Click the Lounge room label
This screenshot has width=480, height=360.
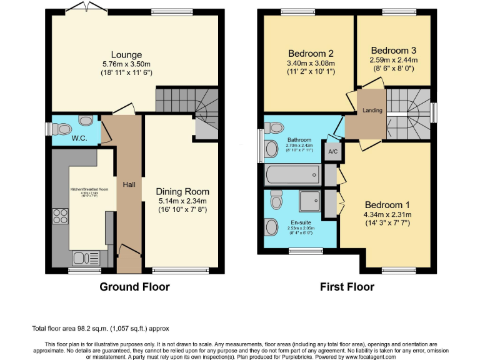127,55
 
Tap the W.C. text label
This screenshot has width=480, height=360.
79,137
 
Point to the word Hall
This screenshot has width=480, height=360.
129,184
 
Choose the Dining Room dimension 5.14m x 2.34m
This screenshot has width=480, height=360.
182,201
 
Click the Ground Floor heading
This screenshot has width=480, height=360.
135,287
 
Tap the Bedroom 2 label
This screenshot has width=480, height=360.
311,53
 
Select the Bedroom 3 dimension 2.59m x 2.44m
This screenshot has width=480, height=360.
393,60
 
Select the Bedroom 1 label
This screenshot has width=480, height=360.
387,205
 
